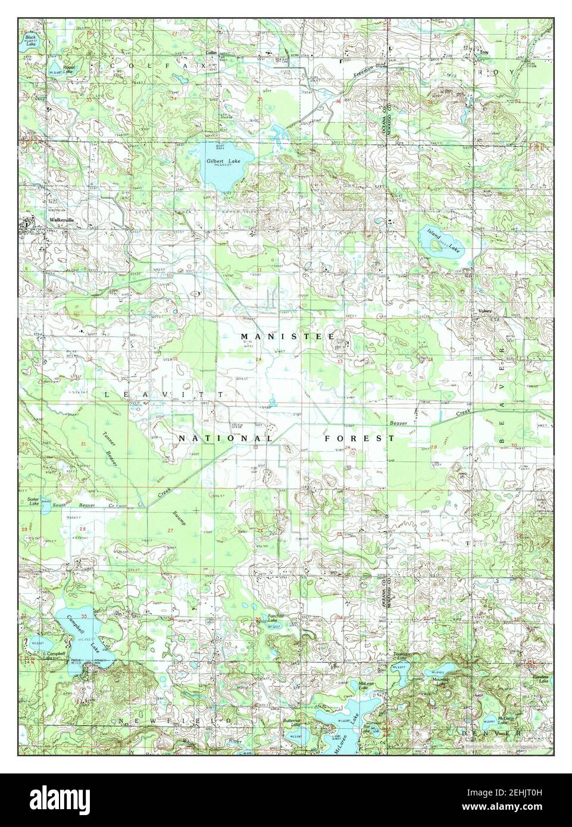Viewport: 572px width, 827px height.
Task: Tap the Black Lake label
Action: [x=30, y=39]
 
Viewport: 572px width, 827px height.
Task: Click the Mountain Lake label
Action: [x=440, y=681]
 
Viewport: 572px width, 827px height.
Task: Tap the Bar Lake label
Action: [x=367, y=728]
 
